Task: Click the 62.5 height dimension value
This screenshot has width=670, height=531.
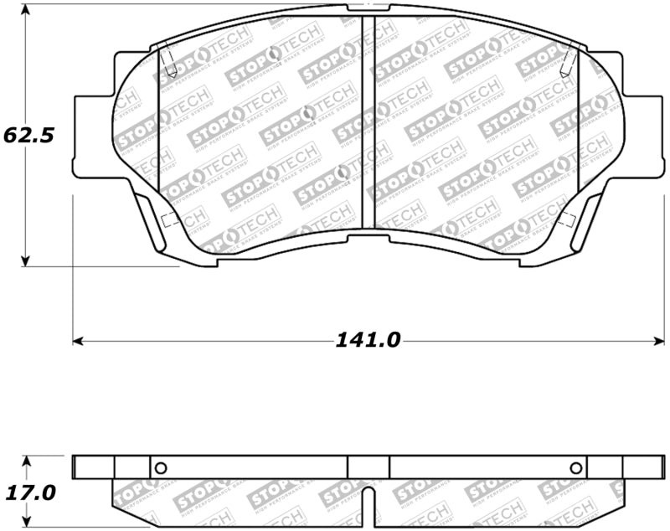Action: coord(29,135)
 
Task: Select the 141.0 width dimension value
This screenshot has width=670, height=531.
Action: coord(368,340)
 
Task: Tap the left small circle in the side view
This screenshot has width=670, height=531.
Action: coord(162,467)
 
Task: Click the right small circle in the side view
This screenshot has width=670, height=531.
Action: coord(575,467)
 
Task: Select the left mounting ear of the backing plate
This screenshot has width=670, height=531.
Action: coord(92,136)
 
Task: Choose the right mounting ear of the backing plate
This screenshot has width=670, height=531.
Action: coord(644,136)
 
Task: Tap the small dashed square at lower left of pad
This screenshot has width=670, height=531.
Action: coord(166,221)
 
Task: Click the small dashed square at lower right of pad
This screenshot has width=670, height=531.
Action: coord(567,221)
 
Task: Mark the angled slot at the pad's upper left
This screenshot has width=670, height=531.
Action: coord(167,59)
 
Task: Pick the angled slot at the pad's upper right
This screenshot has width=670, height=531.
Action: coord(569,59)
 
